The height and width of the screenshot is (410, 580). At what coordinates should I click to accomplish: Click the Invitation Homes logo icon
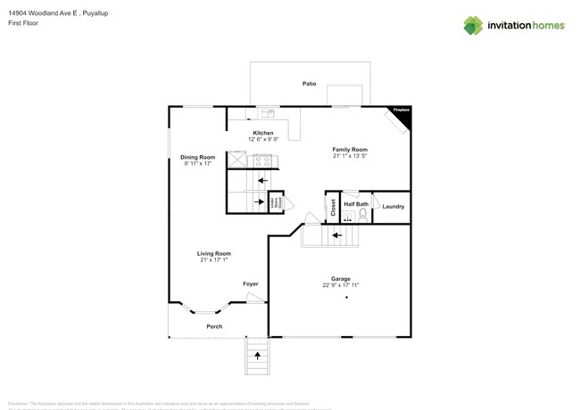[473, 25]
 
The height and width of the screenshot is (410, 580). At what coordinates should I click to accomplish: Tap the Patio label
[309, 84]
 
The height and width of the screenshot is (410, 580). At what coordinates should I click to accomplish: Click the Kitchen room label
[262, 133]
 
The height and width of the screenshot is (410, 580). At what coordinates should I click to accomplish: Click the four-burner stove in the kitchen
[263, 161]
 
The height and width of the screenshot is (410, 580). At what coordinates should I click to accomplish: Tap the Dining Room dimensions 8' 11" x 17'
[197, 164]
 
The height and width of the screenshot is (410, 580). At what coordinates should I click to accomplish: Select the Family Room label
[350, 149]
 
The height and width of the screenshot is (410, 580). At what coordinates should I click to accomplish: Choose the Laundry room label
[393, 207]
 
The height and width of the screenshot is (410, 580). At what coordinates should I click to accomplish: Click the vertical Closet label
[333, 207]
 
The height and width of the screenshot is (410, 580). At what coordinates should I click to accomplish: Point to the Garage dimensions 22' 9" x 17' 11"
[341, 285]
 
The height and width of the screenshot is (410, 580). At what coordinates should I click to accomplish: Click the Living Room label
[214, 253]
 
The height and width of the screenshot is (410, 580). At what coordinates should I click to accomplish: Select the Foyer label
[251, 283]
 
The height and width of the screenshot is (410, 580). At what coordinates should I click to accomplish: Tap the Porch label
[214, 326]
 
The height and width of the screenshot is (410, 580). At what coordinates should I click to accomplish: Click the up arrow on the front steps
[258, 355]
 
